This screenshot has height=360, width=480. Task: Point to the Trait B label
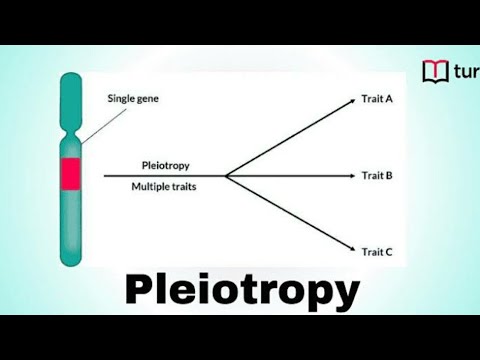tap(376, 176)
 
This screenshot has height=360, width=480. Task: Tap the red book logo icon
tap(435, 71)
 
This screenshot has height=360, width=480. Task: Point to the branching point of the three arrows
tap(226, 176)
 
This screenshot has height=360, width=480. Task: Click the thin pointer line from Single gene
tap(95, 125)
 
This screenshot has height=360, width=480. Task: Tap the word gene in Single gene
tap(151, 99)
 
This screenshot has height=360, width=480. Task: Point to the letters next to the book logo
tap(466, 72)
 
